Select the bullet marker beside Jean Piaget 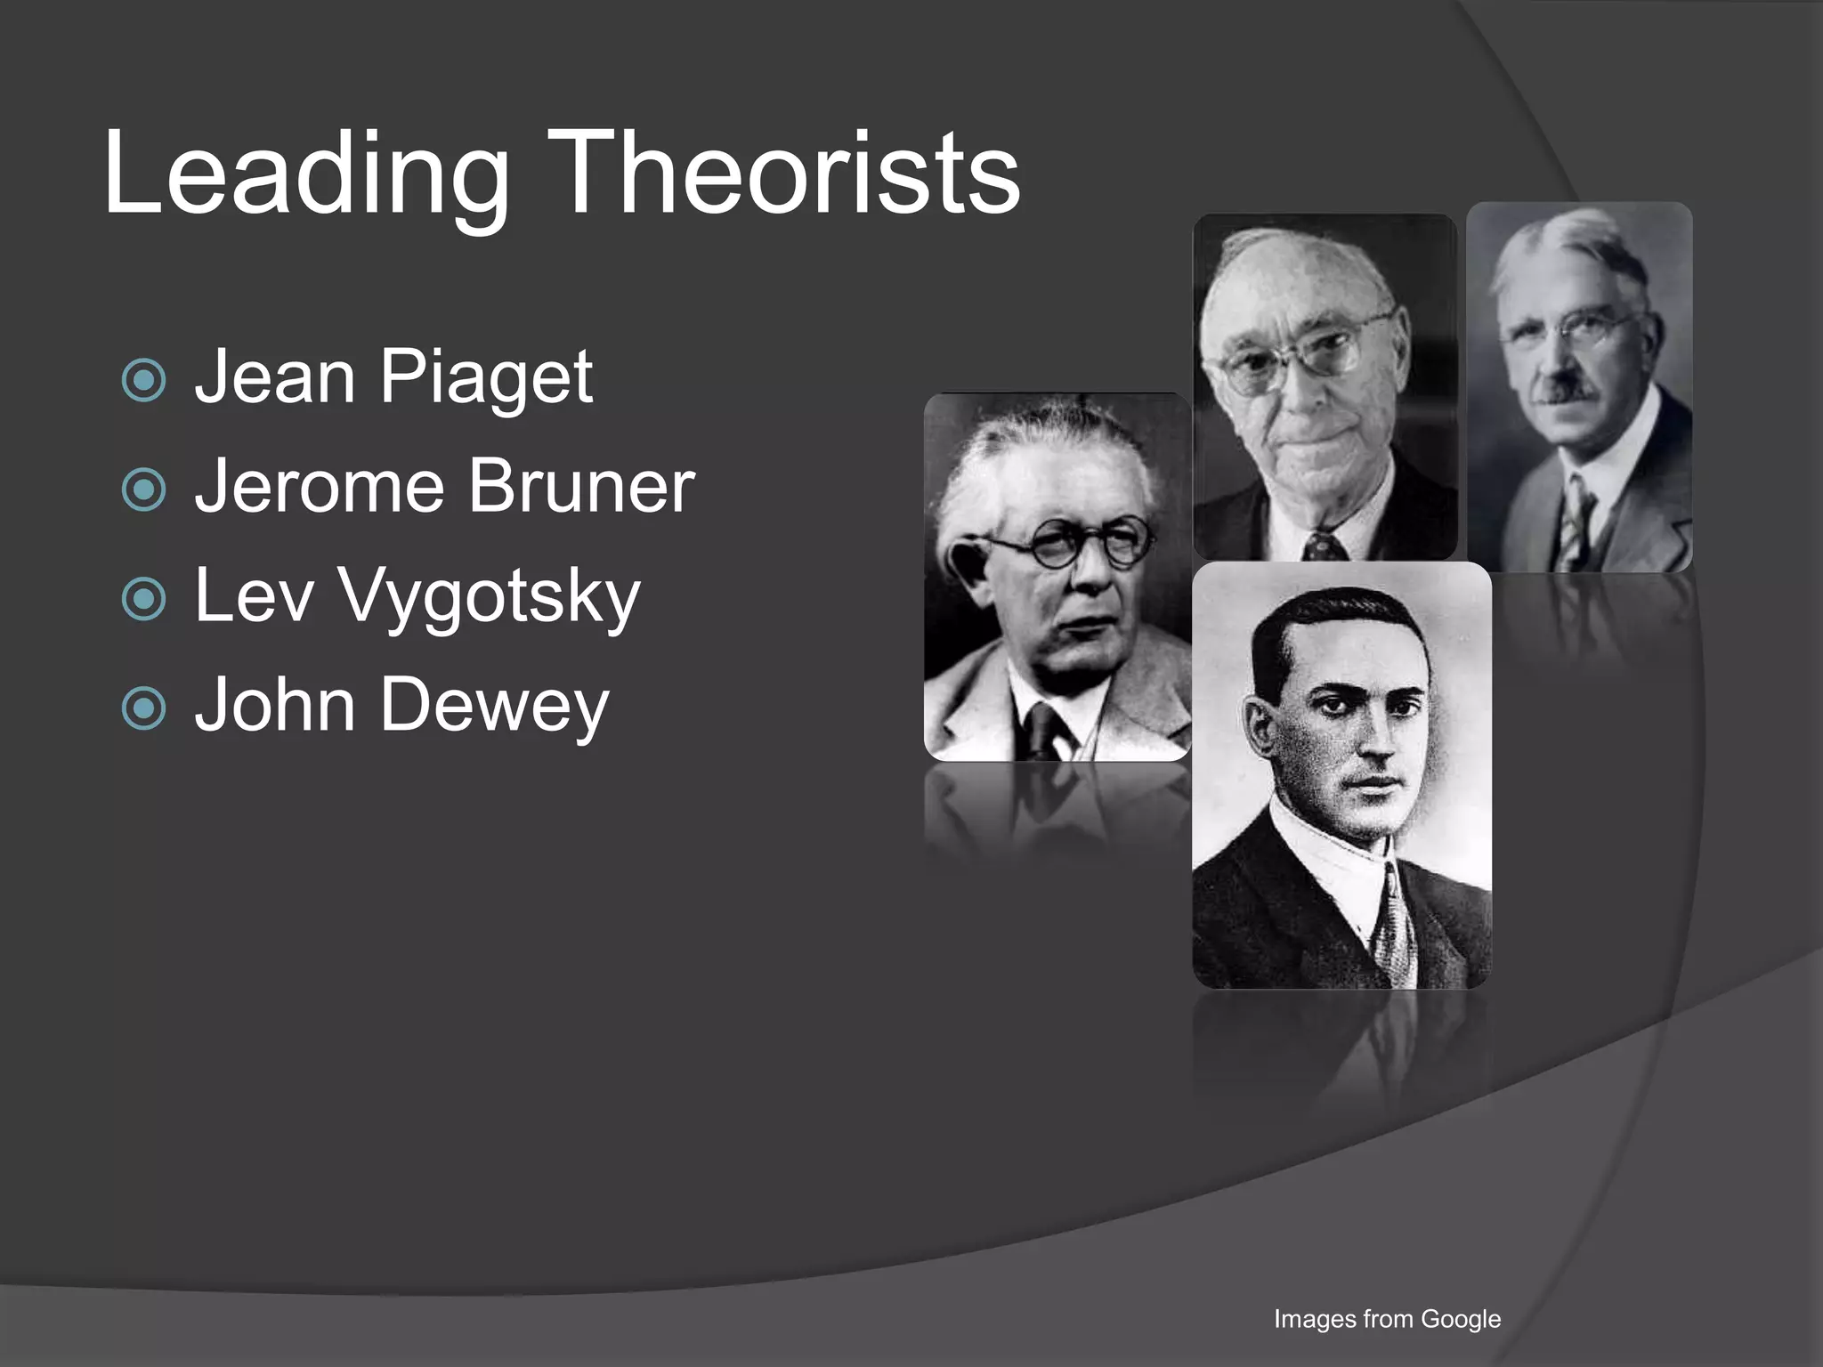click(x=143, y=380)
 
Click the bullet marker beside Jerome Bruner click(x=143, y=489)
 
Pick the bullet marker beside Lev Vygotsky click(x=143, y=599)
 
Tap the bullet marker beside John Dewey click(x=143, y=708)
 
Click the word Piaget click(x=486, y=378)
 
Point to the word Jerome click(x=320, y=487)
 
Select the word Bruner click(x=581, y=487)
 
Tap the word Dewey click(x=495, y=707)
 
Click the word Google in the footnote click(x=1461, y=1318)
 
